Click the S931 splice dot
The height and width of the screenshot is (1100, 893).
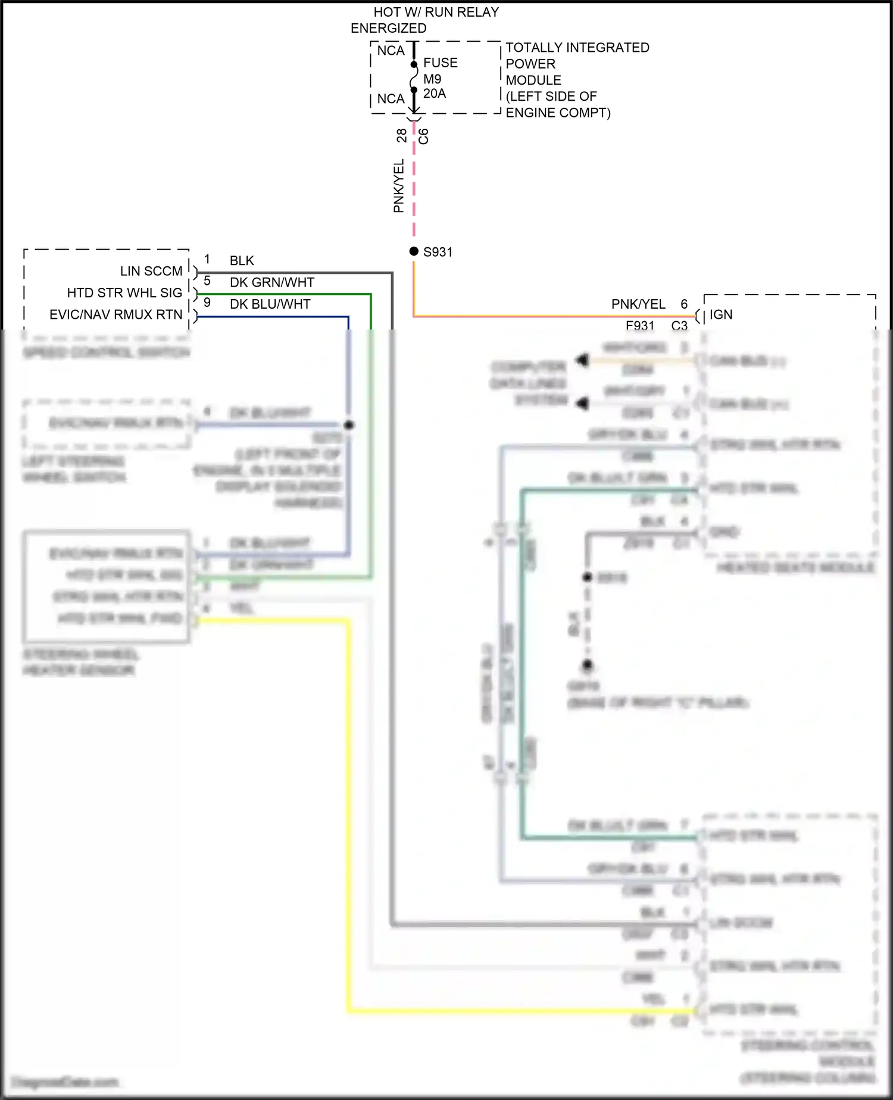tap(414, 251)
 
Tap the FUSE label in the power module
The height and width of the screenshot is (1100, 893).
tap(440, 63)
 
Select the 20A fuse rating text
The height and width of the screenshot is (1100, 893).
tap(434, 94)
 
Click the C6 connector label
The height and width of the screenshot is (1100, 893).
tap(423, 136)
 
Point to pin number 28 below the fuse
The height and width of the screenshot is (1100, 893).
tap(402, 136)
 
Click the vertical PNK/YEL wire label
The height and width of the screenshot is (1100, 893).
tap(398, 186)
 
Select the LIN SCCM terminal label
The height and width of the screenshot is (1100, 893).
tap(151, 271)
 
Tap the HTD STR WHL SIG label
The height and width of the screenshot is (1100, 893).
tap(124, 293)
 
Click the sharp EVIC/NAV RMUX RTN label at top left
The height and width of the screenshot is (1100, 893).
tap(115, 315)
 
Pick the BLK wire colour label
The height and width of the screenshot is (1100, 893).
tap(242, 261)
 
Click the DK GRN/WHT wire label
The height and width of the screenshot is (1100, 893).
tap(271, 282)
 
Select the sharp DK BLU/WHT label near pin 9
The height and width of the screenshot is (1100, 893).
tap(270, 304)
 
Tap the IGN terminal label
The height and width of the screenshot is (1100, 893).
tap(720, 315)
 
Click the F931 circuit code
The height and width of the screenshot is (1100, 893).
tap(640, 325)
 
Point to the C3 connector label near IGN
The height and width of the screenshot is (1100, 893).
tap(679, 325)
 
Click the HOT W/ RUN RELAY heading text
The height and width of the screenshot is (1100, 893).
tap(436, 12)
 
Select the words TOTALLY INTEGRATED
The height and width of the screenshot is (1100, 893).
tap(577, 48)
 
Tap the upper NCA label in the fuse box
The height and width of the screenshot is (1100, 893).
tap(391, 51)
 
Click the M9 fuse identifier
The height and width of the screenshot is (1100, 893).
tap(432, 79)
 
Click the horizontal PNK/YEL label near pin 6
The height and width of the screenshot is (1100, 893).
tap(638, 304)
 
